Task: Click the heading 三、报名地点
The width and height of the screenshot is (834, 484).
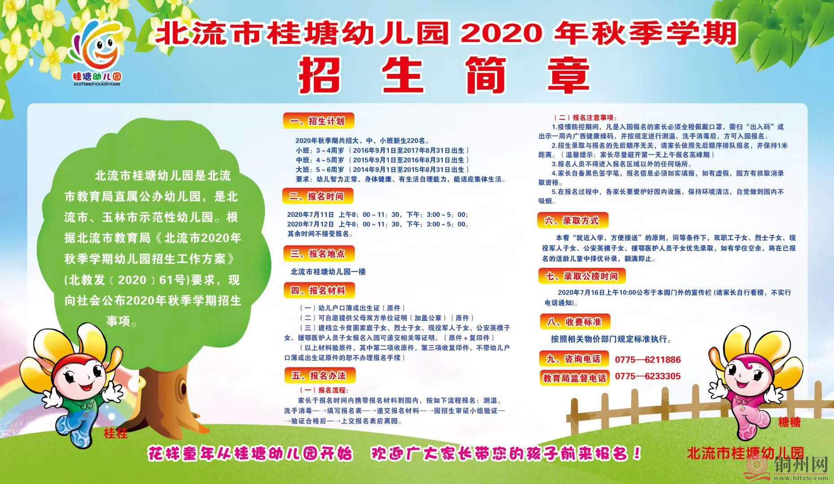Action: point(318,253)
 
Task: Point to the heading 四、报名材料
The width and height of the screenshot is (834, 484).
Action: point(318,290)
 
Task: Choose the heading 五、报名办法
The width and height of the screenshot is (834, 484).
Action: point(319,375)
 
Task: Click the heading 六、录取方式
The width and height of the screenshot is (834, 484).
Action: point(571,220)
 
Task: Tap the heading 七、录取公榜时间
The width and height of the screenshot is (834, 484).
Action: point(581,276)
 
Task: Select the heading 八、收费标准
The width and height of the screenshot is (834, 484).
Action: point(574,321)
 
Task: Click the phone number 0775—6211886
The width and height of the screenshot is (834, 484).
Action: point(647,359)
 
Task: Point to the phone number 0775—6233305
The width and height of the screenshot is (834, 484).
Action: point(647,376)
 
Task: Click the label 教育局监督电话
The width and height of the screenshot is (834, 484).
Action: point(574,378)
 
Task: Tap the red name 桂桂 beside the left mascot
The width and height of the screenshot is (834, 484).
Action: point(115,433)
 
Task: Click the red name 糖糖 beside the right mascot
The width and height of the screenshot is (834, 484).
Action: point(789,422)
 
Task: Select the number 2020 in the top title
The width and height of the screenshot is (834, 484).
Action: point(500,34)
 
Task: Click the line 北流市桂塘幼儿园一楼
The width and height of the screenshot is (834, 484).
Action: point(328,272)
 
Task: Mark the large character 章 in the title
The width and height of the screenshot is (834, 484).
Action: point(566,75)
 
